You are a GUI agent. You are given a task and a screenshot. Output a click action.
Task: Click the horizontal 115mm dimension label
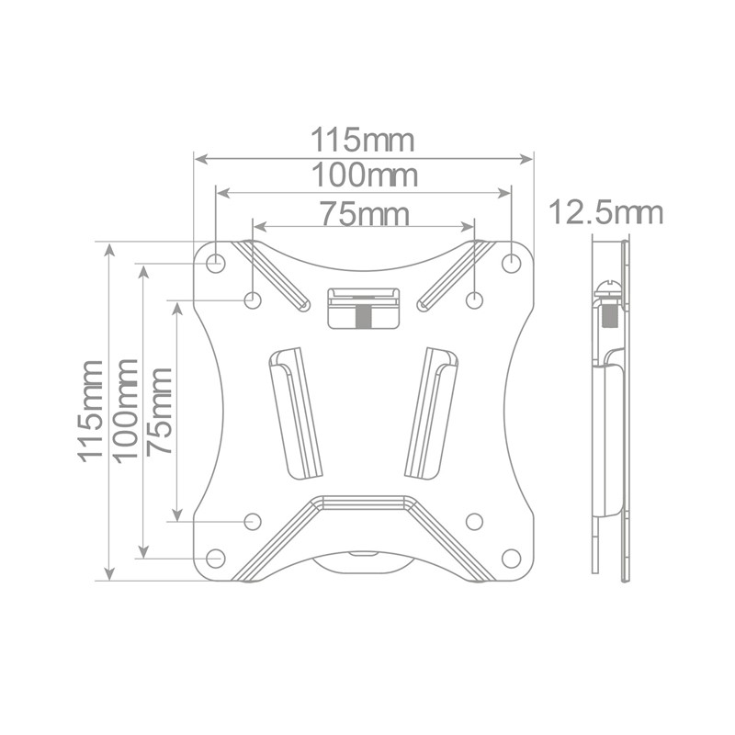pos(363,140)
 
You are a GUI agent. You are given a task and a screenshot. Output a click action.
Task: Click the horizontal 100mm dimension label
pos(364,175)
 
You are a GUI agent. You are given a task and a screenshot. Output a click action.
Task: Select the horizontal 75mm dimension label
pos(364,214)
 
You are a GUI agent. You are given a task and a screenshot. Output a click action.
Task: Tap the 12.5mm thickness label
pos(605,212)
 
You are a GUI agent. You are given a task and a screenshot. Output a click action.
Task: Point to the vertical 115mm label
pos(90,411)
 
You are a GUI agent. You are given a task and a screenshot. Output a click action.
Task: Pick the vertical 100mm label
pos(126,411)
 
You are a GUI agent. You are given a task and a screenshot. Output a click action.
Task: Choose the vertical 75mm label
pos(159,411)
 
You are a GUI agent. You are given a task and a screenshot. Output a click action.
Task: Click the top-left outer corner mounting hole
pos(216,263)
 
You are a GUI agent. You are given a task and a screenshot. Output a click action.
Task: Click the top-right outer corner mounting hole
pos(511,263)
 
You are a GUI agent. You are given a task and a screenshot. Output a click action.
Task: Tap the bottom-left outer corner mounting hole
pos(216,558)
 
